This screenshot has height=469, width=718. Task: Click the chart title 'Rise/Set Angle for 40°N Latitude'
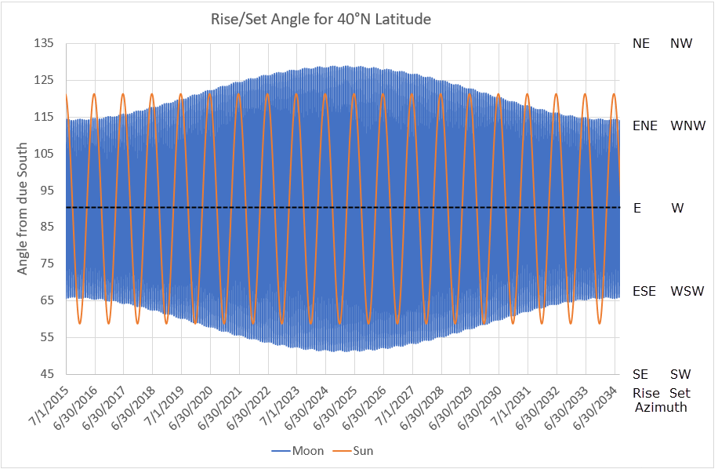[x=321, y=19]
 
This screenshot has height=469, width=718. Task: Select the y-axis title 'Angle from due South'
[x=23, y=208]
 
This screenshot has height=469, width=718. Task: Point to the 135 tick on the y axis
[x=43, y=44]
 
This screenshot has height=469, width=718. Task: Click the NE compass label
[x=641, y=44]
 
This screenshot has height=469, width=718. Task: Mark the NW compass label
[x=681, y=44]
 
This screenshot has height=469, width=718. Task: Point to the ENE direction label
[x=645, y=125]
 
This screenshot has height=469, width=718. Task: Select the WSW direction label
[x=687, y=291]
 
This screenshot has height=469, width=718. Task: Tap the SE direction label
[x=640, y=374]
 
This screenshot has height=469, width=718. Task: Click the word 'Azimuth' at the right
[x=661, y=407]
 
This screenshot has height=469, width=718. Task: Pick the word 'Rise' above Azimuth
[x=644, y=392]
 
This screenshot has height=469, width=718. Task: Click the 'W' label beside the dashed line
[x=677, y=208]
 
